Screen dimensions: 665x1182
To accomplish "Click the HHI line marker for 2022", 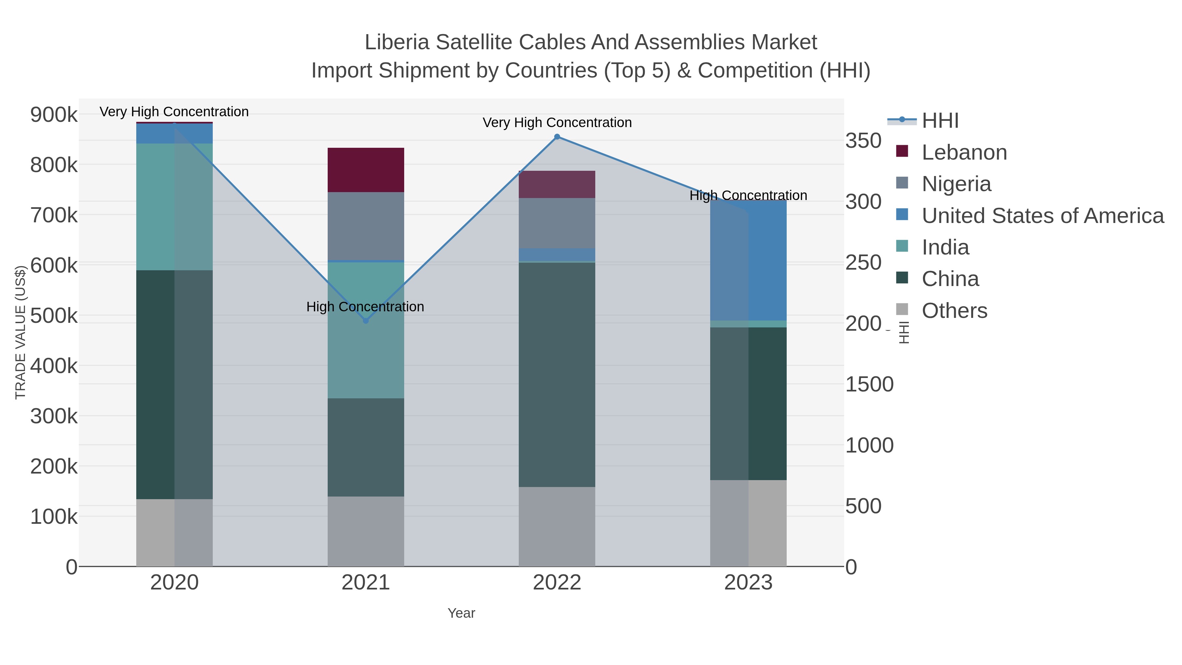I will [557, 137].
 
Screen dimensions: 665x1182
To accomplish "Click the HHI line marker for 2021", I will [366, 321].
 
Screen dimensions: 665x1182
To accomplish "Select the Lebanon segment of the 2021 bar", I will [366, 170].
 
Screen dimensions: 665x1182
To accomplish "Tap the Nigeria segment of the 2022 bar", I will [557, 223].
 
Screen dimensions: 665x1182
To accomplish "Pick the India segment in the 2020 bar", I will [174, 207].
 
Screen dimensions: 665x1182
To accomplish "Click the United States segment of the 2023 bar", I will [748, 260].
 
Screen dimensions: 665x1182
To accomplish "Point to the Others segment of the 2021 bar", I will [366, 531].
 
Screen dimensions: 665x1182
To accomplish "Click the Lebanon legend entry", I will [964, 152].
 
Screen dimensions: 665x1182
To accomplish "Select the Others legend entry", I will [954, 311].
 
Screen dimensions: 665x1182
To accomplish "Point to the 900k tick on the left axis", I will [54, 115].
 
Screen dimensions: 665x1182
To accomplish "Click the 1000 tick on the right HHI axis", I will [869, 445].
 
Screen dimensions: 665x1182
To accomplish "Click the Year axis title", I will [461, 613].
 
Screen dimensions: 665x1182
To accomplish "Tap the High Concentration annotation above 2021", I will [365, 307].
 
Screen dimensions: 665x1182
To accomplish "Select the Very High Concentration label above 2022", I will [557, 122].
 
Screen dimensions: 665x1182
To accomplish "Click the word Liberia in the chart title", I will [397, 42].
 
